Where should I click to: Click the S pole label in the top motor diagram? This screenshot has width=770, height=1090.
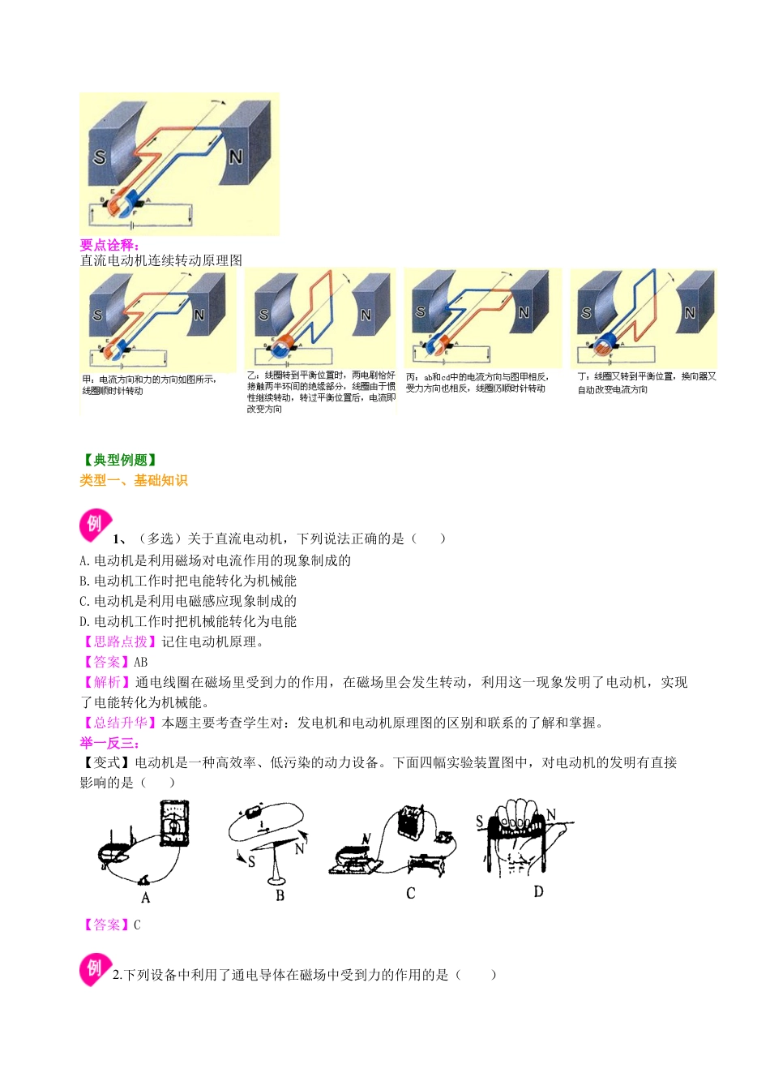(x=100, y=157)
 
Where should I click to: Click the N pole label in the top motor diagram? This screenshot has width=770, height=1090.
(x=236, y=157)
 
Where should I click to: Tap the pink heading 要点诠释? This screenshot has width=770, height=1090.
(x=109, y=245)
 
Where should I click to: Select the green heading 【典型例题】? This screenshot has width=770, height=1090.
(x=120, y=460)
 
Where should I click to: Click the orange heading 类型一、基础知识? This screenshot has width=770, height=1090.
(x=134, y=480)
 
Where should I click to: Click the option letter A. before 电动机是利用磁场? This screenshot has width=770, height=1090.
(x=84, y=560)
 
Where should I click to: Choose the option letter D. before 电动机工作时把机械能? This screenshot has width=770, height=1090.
(x=84, y=621)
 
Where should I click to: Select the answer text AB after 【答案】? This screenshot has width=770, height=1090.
(x=141, y=662)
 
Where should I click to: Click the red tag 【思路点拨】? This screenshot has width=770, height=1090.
(x=120, y=642)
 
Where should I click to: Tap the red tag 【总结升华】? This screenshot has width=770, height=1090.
(x=120, y=723)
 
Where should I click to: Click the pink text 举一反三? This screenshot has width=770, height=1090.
(x=109, y=743)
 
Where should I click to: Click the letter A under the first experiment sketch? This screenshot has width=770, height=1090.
(x=146, y=898)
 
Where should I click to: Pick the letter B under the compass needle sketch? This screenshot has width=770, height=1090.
(x=280, y=895)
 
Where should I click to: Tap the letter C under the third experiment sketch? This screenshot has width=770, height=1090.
(x=410, y=893)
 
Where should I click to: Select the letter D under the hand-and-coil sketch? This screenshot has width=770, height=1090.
(x=538, y=891)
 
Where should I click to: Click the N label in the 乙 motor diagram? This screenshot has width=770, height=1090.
(x=366, y=315)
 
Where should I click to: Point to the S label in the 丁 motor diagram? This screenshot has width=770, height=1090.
(x=586, y=313)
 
